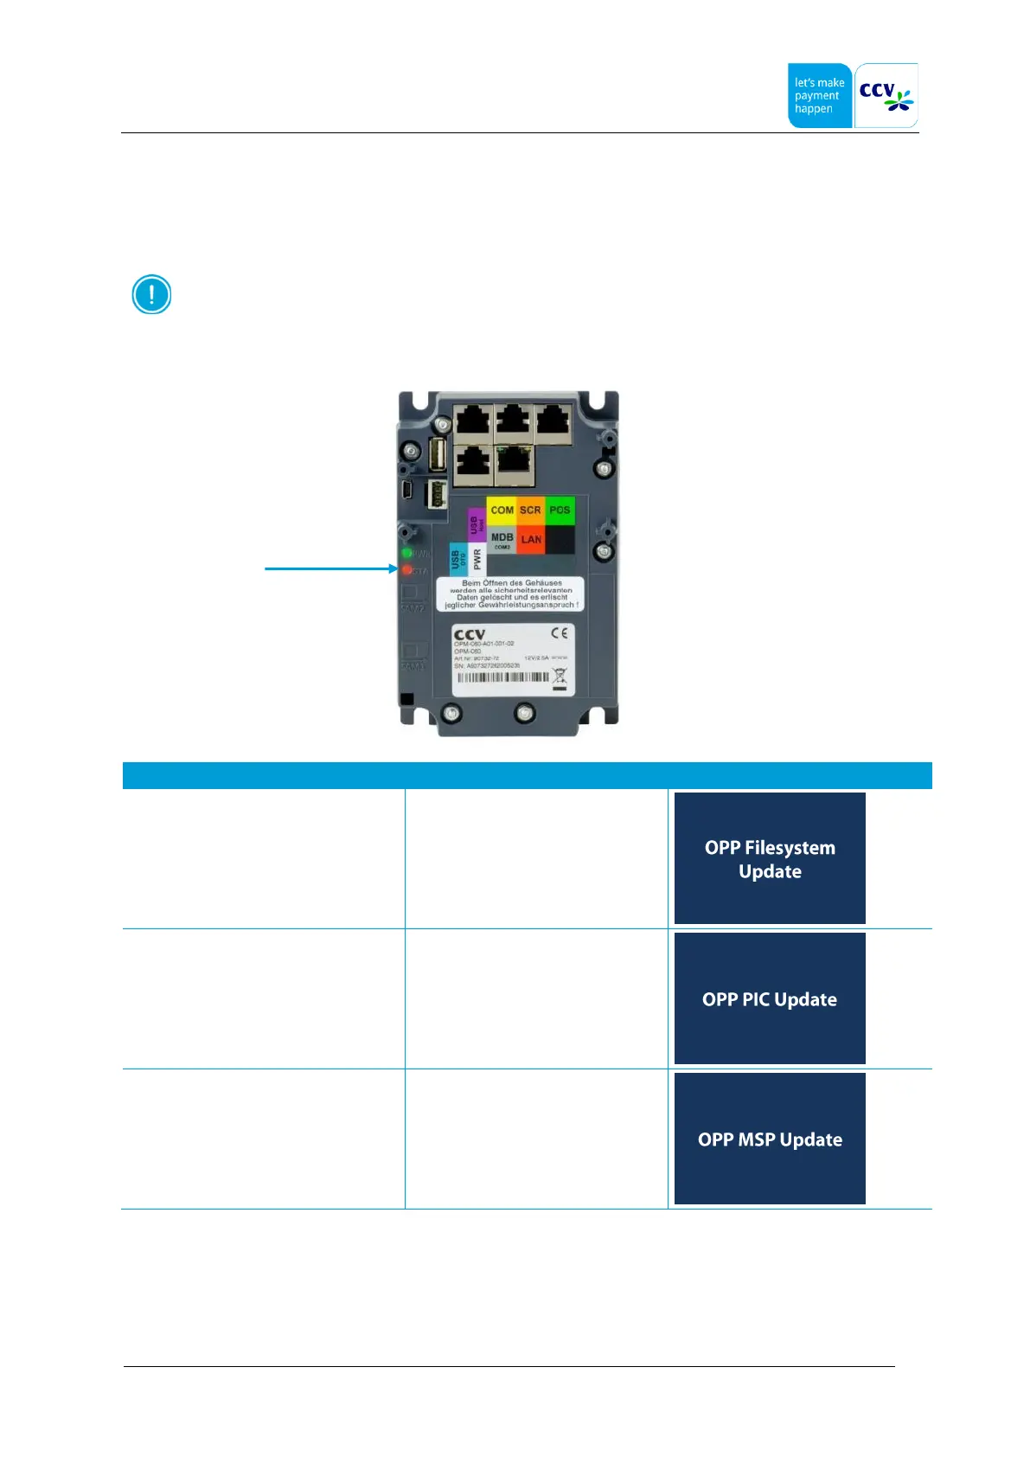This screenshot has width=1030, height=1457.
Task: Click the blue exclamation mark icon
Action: (x=151, y=294)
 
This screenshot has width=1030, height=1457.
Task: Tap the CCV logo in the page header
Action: (x=886, y=95)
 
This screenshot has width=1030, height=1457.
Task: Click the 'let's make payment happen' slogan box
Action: (x=819, y=95)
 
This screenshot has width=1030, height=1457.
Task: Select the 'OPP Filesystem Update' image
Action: (x=770, y=858)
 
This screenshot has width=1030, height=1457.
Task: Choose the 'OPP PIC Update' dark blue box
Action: (x=770, y=998)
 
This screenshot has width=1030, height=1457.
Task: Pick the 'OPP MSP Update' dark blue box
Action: (x=770, y=1139)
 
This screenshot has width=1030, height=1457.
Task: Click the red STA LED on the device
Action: (x=406, y=570)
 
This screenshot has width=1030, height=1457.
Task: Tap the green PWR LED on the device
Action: (x=406, y=553)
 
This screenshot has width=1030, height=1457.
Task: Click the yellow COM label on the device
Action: (x=502, y=510)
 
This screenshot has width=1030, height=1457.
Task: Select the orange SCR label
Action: (x=530, y=510)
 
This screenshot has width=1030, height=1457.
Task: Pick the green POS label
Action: (x=560, y=510)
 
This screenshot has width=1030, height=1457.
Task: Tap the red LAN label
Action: (x=531, y=539)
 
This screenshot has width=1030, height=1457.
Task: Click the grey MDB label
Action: (x=502, y=540)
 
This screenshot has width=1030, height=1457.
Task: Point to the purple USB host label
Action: (x=475, y=524)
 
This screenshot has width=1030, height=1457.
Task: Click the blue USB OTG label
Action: (x=457, y=559)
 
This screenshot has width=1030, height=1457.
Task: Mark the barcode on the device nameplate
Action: (x=502, y=677)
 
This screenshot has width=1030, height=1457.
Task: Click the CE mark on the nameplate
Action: (x=560, y=633)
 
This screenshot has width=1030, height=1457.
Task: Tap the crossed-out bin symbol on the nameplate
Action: (x=560, y=677)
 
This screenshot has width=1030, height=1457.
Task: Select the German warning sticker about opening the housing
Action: (x=510, y=594)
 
